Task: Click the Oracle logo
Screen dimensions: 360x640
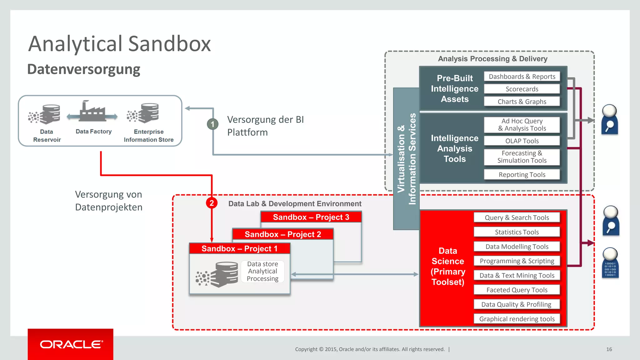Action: click(x=71, y=344)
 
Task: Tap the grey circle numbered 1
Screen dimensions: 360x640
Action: click(x=212, y=124)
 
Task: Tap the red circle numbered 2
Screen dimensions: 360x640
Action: click(x=212, y=203)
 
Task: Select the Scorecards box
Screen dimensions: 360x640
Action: click(x=522, y=89)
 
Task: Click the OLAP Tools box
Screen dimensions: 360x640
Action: click(x=522, y=141)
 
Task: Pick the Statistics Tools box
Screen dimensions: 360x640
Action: click(x=517, y=232)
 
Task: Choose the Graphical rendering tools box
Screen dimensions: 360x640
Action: click(x=517, y=319)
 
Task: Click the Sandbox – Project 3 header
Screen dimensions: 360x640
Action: click(x=311, y=217)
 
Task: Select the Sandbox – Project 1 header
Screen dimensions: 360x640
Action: click(x=239, y=249)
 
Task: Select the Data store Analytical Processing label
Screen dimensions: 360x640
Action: click(x=262, y=271)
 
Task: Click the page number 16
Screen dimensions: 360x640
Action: click(x=609, y=349)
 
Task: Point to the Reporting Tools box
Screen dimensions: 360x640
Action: click(x=522, y=175)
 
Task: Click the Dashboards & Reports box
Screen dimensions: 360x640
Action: click(x=522, y=77)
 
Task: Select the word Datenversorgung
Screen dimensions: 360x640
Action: click(x=84, y=69)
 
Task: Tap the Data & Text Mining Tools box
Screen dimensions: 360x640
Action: click(x=517, y=276)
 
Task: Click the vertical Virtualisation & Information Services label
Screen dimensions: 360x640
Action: click(x=406, y=159)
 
